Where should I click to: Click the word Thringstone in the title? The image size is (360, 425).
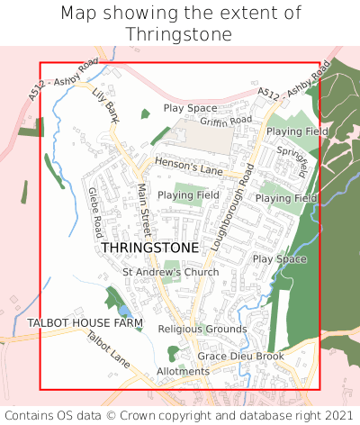point(180,34)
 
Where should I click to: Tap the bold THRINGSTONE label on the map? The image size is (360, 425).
point(150,247)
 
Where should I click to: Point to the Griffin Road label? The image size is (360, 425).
point(226,121)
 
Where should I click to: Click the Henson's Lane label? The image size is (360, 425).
point(188,166)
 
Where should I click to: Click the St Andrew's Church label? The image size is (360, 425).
point(170,272)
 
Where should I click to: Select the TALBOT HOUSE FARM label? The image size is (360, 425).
point(85,322)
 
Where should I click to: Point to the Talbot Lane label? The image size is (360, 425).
point(108,349)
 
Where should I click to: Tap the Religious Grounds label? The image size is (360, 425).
point(202,330)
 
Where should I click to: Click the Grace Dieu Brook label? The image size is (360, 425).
point(240,357)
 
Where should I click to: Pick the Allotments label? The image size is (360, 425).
point(183,371)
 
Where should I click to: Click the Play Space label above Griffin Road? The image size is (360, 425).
point(190,108)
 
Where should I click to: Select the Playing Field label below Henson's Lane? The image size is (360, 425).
point(188,194)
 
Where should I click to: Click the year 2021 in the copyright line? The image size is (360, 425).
point(335,415)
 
